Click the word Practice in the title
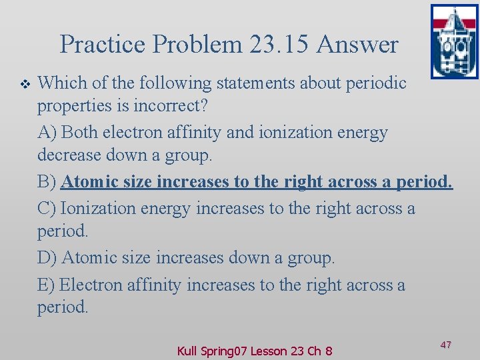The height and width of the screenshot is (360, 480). (x=101, y=45)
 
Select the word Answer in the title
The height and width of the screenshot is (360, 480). (x=358, y=45)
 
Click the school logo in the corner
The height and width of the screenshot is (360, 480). (x=454, y=41)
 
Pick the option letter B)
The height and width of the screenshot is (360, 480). (x=48, y=182)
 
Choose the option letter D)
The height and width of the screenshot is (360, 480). (x=48, y=258)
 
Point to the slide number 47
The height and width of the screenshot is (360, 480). (x=446, y=345)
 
